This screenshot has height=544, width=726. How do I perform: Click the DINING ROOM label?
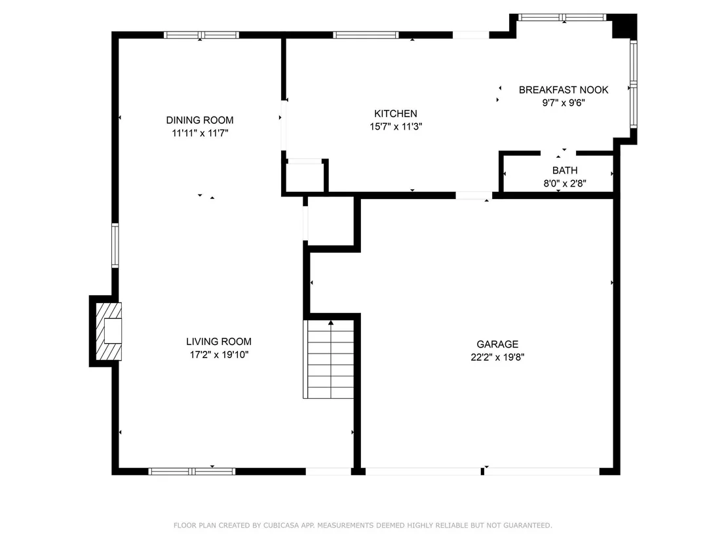pyautogui.click(x=200, y=120)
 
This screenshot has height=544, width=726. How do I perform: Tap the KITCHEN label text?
pyautogui.click(x=395, y=114)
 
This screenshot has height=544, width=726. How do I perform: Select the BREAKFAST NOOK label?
pyautogui.click(x=564, y=90)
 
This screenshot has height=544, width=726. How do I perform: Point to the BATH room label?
pyautogui.click(x=565, y=170)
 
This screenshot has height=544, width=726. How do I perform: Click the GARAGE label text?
pyautogui.click(x=497, y=344)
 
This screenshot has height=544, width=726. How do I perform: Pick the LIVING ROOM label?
pyautogui.click(x=219, y=341)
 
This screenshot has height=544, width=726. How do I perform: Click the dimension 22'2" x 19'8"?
pyautogui.click(x=497, y=357)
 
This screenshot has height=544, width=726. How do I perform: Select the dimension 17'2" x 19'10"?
pyautogui.click(x=219, y=355)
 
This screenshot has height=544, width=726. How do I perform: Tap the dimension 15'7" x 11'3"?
pyautogui.click(x=396, y=127)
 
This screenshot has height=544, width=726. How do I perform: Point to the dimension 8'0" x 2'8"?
pyautogui.click(x=565, y=184)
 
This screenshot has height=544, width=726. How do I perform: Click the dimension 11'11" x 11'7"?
pyautogui.click(x=200, y=134)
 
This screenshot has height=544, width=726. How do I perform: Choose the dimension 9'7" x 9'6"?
pyautogui.click(x=564, y=103)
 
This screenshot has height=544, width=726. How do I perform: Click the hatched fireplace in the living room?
pyautogui.click(x=108, y=331)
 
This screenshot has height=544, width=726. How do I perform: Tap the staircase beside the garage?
pyautogui.click(x=329, y=359)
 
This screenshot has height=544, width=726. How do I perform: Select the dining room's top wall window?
pyautogui.click(x=201, y=35)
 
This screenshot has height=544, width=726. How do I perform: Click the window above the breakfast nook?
pyautogui.click(x=562, y=18)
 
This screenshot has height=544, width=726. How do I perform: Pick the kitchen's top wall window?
pyautogui.click(x=366, y=35)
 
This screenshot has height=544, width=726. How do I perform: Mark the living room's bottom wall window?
pyautogui.click(x=192, y=471)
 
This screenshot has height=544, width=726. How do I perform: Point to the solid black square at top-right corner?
pyautogui.click(x=624, y=26)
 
